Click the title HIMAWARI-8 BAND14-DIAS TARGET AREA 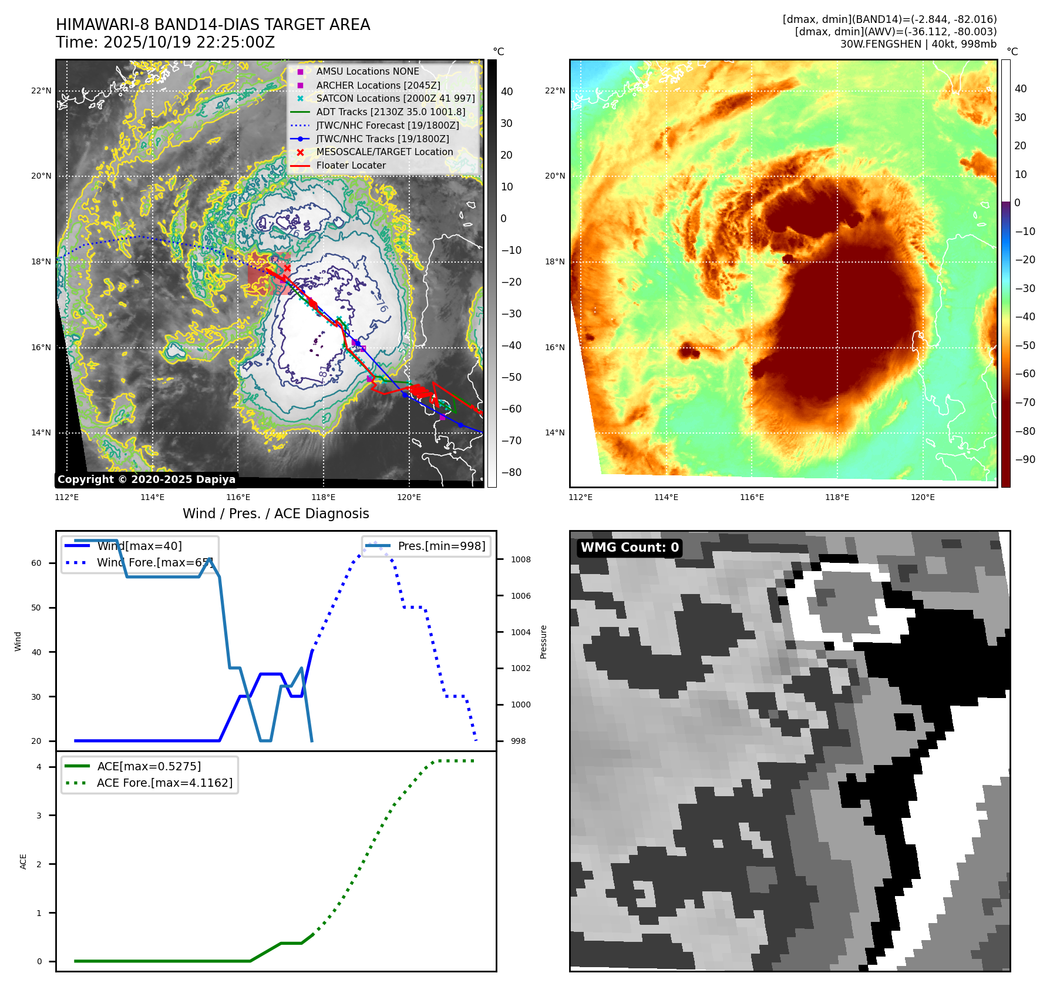coord(213,25)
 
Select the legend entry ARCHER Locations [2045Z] coord(378,85)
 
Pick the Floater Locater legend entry coord(351,166)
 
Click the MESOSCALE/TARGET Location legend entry coord(384,152)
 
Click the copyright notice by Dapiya coord(146,479)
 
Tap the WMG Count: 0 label coord(630,548)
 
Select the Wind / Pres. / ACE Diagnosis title coord(275,514)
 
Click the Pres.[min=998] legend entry coord(441,546)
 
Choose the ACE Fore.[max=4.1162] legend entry coord(164,783)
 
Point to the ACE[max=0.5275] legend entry coord(149,766)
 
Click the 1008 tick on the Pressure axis coord(520,559)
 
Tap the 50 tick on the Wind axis coord(36,608)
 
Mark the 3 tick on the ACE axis coord(39,816)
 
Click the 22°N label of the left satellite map coord(41,91)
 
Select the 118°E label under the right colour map coord(837,497)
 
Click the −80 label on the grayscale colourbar coord(511,472)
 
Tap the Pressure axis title coord(544,642)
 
